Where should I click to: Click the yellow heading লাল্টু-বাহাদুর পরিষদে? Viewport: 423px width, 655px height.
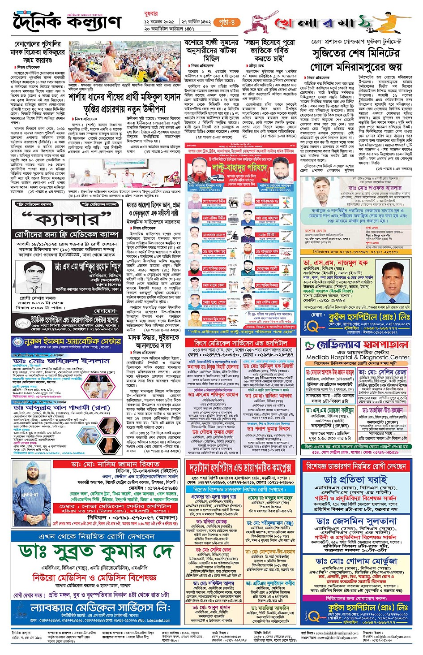click(x=242, y=167)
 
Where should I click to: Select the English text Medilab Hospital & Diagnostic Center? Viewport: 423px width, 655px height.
click(x=358, y=357)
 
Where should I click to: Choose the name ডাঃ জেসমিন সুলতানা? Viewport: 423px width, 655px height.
click(x=356, y=521)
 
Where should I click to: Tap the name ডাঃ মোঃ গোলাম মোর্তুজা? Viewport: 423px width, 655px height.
click(x=356, y=561)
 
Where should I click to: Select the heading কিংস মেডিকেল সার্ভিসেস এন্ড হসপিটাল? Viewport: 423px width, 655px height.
click(x=240, y=343)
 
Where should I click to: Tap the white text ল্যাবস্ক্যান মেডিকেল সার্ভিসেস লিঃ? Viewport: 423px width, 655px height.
click(x=101, y=608)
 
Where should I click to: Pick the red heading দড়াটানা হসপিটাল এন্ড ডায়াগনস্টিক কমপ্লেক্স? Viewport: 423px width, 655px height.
click(x=240, y=468)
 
